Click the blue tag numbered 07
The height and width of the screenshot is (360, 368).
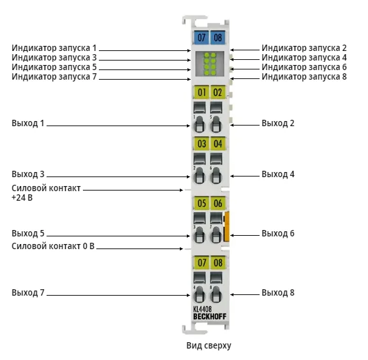pyautogui.click(x=201, y=38)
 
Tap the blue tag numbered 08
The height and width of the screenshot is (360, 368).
pyautogui.click(x=217, y=38)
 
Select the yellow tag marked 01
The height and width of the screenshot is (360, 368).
pyautogui.click(x=201, y=92)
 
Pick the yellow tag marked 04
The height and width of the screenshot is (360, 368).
pyautogui.click(x=217, y=143)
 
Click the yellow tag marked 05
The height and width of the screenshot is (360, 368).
pyautogui.click(x=201, y=203)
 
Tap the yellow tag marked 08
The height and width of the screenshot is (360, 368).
pyautogui.click(x=217, y=263)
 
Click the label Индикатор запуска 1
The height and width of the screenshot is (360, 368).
pyautogui.click(x=54, y=48)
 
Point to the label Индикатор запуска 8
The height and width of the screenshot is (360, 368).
pyautogui.click(x=304, y=76)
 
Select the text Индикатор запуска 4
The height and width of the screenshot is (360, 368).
pyautogui.click(x=304, y=58)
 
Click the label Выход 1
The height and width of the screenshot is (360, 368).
pyautogui.click(x=28, y=123)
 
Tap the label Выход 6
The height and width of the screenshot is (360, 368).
pyautogui.click(x=278, y=234)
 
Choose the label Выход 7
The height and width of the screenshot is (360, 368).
pyautogui.click(x=28, y=292)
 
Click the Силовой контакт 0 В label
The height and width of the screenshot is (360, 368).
pyautogui.click(x=53, y=246)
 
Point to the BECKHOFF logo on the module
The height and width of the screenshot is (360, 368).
pyautogui.click(x=210, y=317)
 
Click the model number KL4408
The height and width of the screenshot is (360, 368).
pyautogui.click(x=202, y=309)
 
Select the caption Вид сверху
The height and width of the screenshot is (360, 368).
pyautogui.click(x=209, y=345)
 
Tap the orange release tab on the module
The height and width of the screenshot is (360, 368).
pyautogui.click(x=226, y=226)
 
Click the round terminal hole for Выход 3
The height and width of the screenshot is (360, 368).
pyautogui.click(x=199, y=175)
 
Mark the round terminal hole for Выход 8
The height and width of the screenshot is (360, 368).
pyautogui.click(x=216, y=294)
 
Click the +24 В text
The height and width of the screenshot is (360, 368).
pyautogui.click(x=22, y=198)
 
